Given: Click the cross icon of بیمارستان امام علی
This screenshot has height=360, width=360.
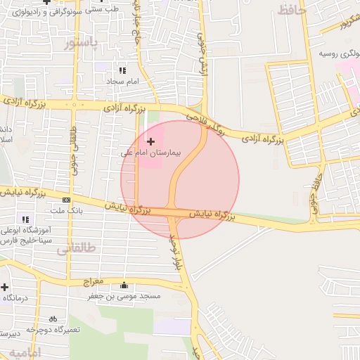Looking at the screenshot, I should point(150,141).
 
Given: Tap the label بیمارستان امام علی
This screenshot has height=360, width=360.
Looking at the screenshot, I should point(150,152).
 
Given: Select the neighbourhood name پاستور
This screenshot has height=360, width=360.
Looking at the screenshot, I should point(82,44).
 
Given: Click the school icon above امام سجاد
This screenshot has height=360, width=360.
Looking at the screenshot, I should point(122,70).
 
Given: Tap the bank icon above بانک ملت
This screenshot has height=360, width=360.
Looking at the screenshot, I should point(67,200).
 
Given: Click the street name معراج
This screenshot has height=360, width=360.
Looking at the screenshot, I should point(93,281).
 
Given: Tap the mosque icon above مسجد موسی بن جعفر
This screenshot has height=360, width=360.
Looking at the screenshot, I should point(124,285).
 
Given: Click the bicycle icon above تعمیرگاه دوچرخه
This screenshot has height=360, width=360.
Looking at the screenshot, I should point(53,319).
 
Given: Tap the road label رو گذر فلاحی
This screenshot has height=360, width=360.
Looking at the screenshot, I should point(205,124).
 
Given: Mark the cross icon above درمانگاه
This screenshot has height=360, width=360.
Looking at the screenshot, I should point(4,287).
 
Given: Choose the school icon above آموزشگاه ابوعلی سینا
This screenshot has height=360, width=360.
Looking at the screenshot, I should point(26,219).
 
